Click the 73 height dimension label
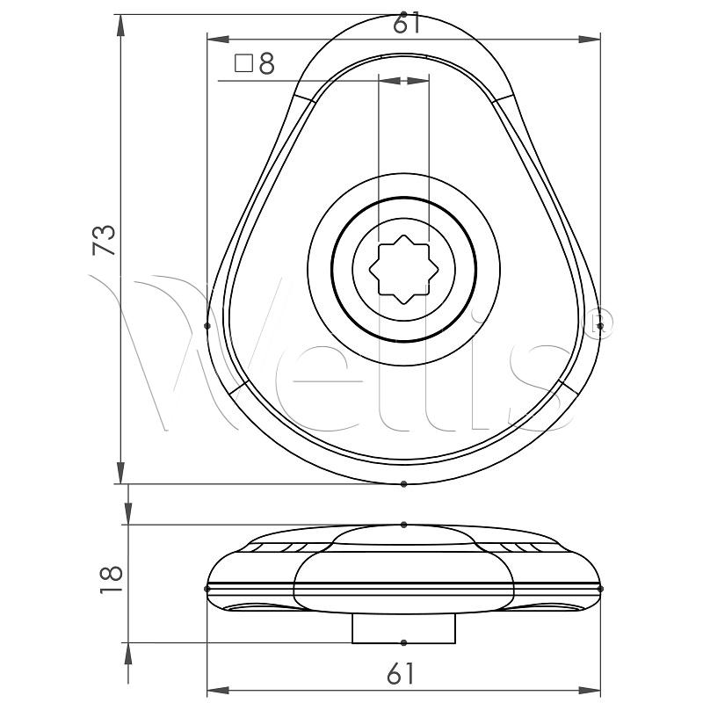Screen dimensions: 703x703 click(104, 241)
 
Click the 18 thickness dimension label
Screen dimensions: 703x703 click(112, 579)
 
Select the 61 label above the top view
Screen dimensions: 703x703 click(407, 24)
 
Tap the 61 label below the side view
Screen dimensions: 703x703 click(402, 673)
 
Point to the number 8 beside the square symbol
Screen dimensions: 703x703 click(267, 63)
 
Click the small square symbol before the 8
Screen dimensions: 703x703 click(244, 63)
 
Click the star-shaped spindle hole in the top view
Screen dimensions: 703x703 click(404, 270)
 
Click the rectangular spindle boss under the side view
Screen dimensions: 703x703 click(404, 628)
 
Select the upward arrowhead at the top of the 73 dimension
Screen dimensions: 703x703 click(120, 25)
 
